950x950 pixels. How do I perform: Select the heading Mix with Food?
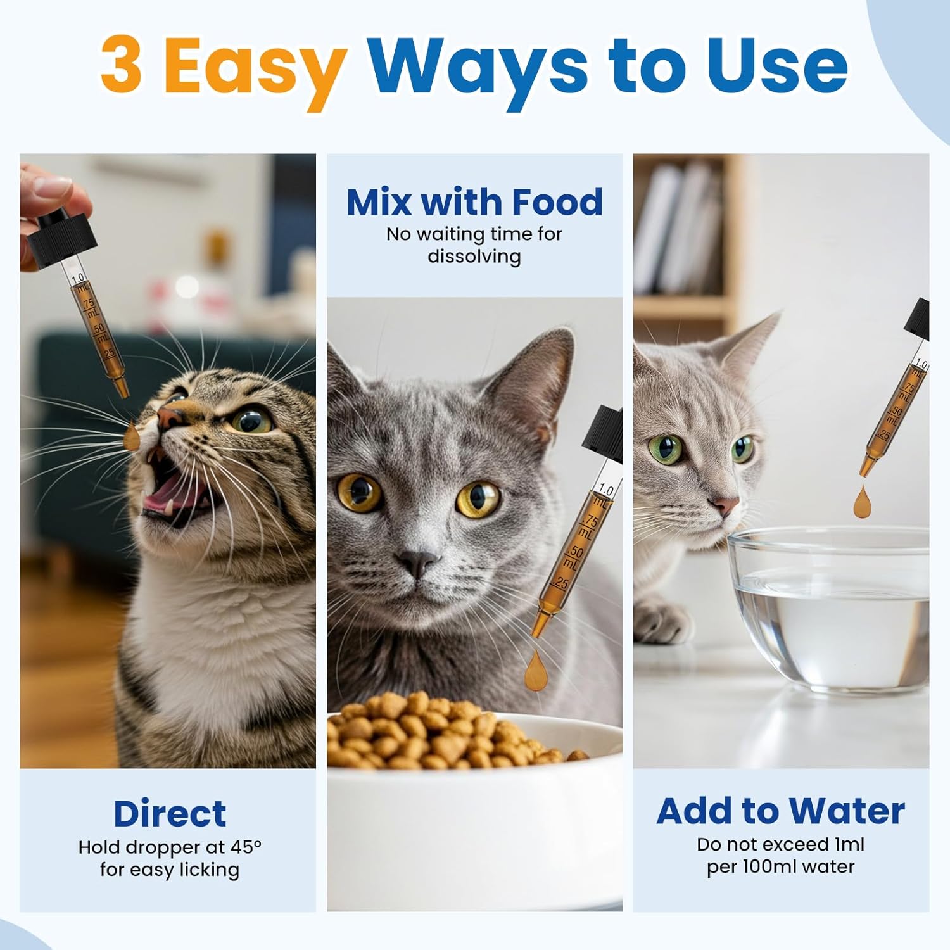pyautogui.click(x=474, y=202)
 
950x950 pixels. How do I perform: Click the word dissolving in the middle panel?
pyautogui.click(x=474, y=256)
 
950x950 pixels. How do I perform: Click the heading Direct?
pyautogui.click(x=169, y=814)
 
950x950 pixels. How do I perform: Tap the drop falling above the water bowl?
pyautogui.click(x=863, y=502)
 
